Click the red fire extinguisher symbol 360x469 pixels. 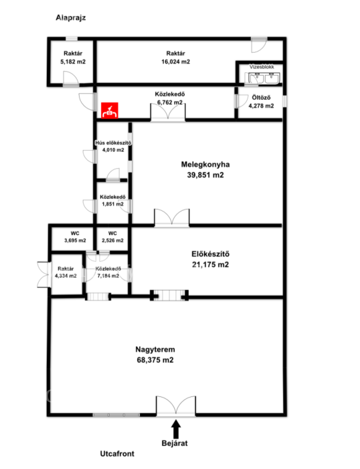coord(110,111)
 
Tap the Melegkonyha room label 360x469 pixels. coord(205,164)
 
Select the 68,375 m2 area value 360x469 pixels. coord(155,360)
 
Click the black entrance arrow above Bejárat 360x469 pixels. coord(176,429)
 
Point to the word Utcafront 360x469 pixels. coord(117,454)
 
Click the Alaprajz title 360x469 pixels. coord(70,18)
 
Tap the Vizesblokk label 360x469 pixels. coord(262,67)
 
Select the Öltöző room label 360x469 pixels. coord(261,98)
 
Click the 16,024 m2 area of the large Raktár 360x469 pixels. coord(176,62)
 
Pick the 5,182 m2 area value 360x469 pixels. coord(73,62)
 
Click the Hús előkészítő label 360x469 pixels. coord(113,143)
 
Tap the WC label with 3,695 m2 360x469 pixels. coord(75,233)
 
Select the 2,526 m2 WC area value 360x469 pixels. coord(113,240)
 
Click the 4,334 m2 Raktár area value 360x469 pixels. coord(66,276)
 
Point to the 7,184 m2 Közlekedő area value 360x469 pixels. coord(108,276)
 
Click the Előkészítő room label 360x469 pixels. coord(210,254)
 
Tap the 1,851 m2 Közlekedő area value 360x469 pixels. coord(113,204)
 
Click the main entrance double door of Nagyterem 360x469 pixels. coord(176,406)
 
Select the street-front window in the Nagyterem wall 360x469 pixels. coord(116,415)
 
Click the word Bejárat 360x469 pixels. coord(174,443)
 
